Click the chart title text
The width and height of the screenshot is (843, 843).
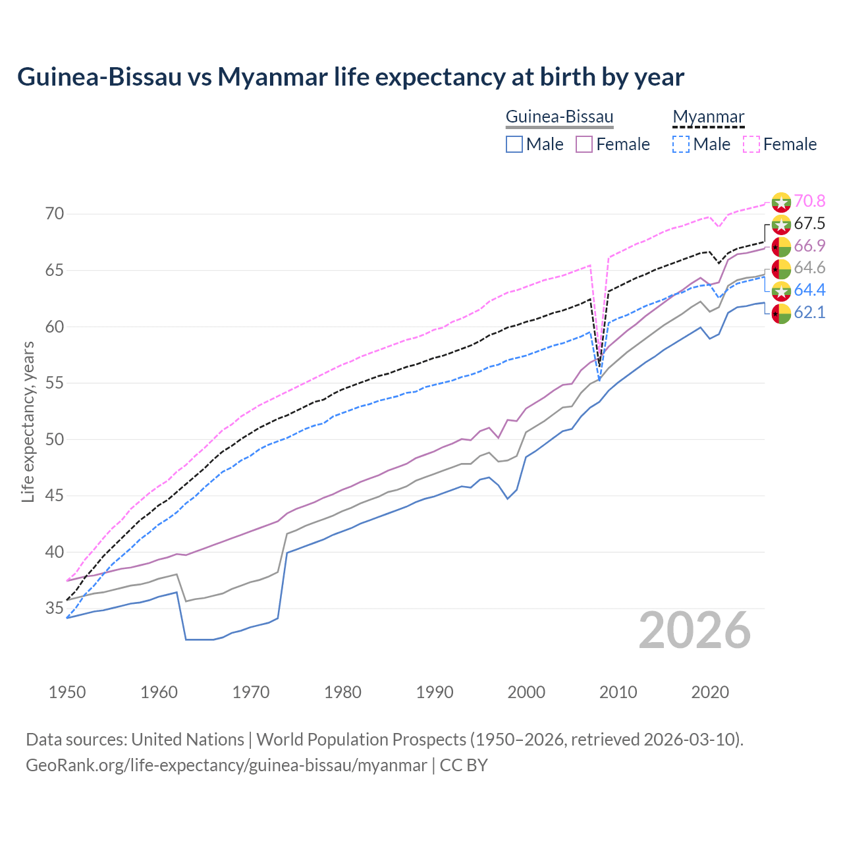click(x=350, y=77)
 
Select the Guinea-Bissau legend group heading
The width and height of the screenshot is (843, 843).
click(x=559, y=117)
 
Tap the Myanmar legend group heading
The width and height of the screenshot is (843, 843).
click(x=708, y=117)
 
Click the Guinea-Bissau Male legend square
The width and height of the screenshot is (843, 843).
click(x=514, y=144)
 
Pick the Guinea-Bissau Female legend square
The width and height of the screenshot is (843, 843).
click(x=584, y=144)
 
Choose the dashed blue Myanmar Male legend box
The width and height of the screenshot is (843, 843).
click(x=681, y=144)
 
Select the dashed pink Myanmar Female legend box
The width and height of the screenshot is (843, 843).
click(x=751, y=144)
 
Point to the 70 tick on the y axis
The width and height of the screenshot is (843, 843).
click(x=55, y=214)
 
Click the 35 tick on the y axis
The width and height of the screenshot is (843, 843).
click(x=55, y=608)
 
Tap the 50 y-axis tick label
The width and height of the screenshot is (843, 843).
click(x=55, y=439)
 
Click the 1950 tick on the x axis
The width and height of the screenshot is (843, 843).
click(x=67, y=692)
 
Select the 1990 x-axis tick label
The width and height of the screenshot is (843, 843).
click(x=435, y=692)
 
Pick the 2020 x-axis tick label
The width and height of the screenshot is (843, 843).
click(x=710, y=692)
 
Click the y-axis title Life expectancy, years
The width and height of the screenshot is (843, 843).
click(x=28, y=421)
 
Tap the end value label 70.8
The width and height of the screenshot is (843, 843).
click(x=809, y=201)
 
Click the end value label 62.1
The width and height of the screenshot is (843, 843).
click(x=809, y=313)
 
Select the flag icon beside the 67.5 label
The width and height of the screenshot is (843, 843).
click(x=781, y=224)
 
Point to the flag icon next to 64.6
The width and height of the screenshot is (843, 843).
click(x=781, y=269)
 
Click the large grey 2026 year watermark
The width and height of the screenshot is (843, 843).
click(x=695, y=630)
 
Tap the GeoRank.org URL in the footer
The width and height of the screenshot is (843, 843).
click(x=226, y=765)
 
